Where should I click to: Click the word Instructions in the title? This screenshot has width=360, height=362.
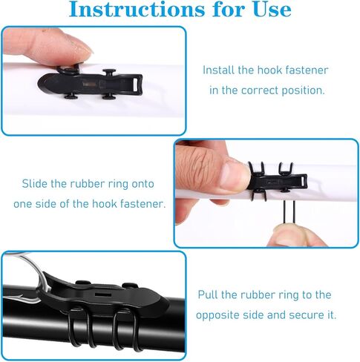pos(137,10)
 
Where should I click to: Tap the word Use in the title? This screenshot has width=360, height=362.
pos(272,10)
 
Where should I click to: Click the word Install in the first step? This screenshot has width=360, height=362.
pos(218,70)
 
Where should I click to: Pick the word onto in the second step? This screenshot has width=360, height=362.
pos(143,184)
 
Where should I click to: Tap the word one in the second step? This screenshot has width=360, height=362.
pos(23,205)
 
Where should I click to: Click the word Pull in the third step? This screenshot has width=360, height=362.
pos(208,294)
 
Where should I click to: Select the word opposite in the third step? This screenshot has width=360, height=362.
pos(217,315)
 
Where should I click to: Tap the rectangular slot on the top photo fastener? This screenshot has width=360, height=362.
pos(136,82)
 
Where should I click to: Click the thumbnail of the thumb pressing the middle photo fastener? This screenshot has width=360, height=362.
pos(235,174)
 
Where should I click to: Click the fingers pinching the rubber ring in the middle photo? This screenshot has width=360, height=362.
pos(297,235)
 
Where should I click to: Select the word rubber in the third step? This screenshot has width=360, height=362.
pos(258,294)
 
